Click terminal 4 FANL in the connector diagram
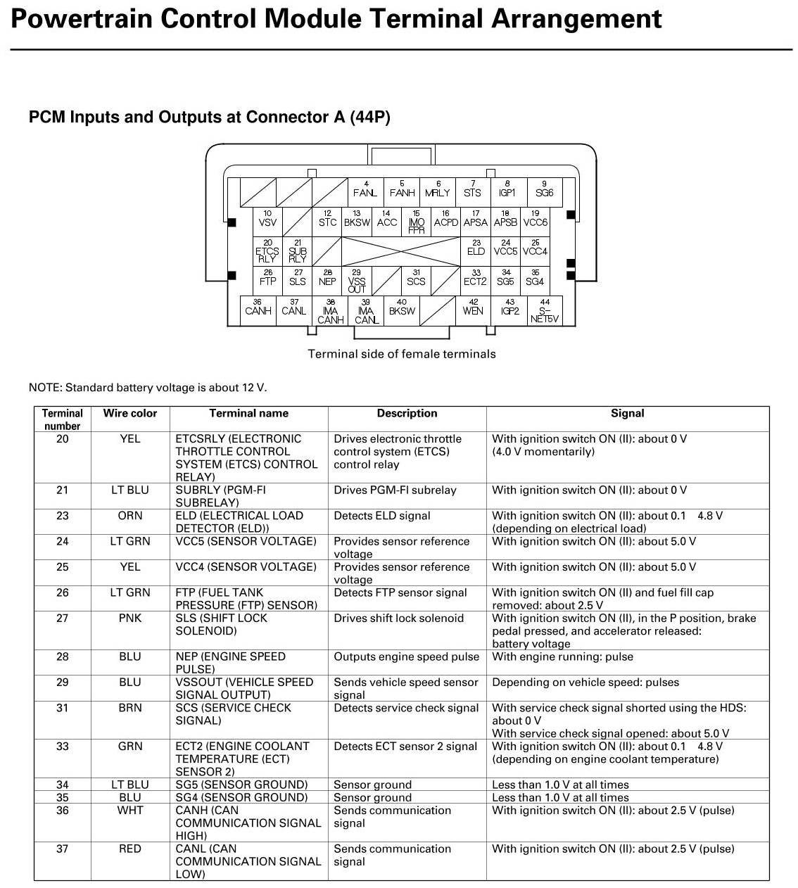365,189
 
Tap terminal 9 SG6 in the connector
544,189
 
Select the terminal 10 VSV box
267,219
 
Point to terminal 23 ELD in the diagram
476,248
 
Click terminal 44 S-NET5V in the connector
545,310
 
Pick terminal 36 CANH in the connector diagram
258,307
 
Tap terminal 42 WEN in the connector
473,307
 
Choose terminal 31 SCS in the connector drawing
416,278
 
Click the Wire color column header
130,414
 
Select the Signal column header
627,414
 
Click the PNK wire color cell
130,619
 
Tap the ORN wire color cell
130,516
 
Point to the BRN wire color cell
130,708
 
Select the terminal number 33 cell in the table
63,747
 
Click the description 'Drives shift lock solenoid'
399,619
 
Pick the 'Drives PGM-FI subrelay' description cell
395,490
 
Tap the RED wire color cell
130,849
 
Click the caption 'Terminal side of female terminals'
402,354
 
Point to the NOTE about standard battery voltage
148,388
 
